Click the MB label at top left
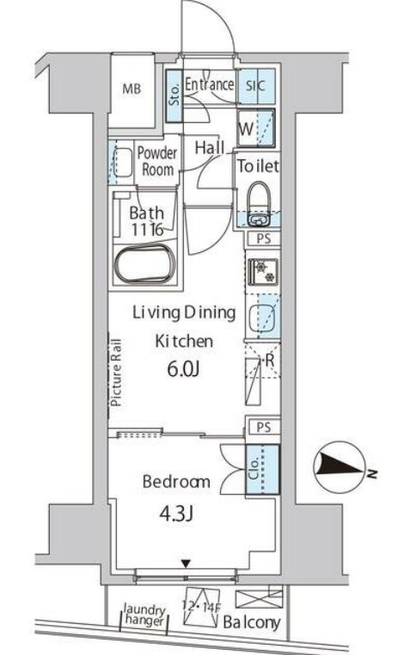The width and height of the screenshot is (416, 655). pos(132,88)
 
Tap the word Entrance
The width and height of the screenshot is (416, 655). pos(208,84)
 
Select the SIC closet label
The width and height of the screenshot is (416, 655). pos(257,85)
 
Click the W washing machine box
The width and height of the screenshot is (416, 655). pos(246,129)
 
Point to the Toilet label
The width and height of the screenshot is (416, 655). pos(258,166)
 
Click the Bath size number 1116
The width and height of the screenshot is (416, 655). pos(146,230)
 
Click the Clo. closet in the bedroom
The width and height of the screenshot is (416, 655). pos(257,471)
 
